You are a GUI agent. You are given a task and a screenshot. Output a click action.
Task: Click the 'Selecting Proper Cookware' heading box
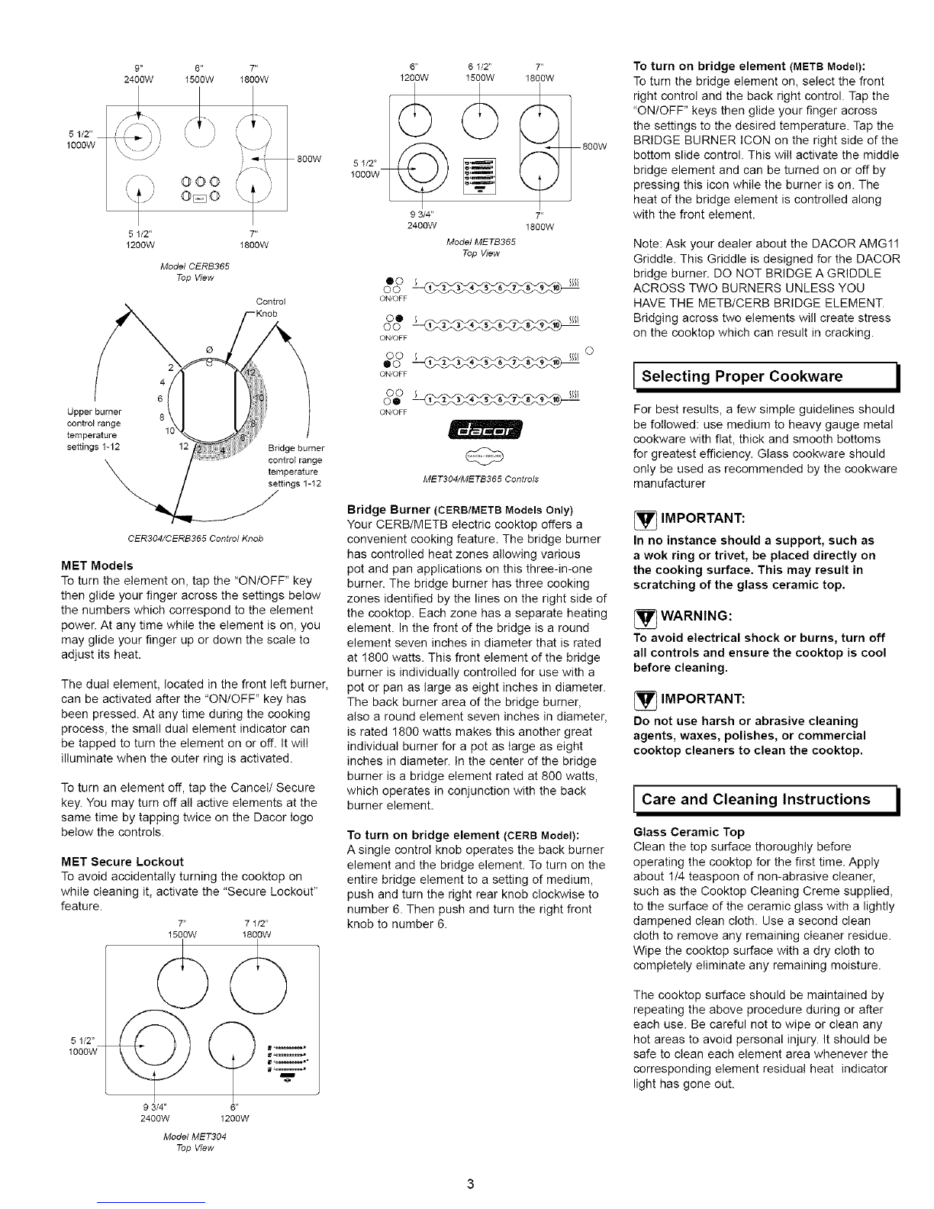[766, 376]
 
